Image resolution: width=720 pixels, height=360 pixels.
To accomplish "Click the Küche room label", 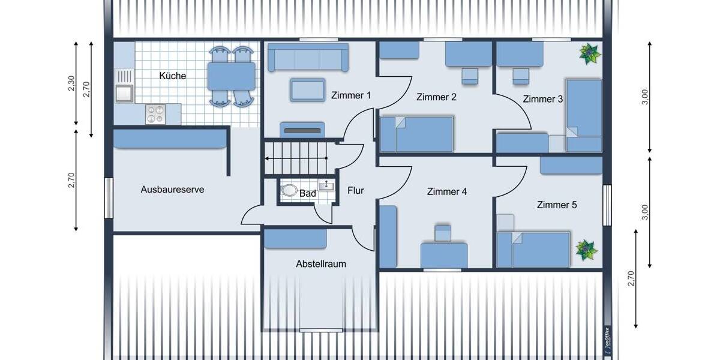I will (x=173, y=76).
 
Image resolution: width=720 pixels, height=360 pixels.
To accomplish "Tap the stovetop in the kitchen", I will (x=155, y=113).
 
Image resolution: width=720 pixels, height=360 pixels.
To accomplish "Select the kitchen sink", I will (x=124, y=93).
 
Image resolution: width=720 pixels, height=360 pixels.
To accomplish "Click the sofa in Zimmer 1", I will (x=308, y=58).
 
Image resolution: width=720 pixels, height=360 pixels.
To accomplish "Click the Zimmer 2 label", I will (x=437, y=97).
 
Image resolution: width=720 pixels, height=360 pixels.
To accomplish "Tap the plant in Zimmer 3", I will (x=589, y=54).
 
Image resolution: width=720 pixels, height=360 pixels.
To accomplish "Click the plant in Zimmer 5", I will (x=586, y=250).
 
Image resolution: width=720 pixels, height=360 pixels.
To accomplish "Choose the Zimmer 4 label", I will (x=447, y=192).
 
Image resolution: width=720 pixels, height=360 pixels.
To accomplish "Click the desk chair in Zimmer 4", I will (x=443, y=233).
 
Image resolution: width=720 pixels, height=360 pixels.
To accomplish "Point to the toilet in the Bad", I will (x=290, y=191).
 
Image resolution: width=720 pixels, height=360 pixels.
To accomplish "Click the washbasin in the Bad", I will (x=326, y=185).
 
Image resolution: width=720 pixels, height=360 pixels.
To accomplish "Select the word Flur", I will (x=356, y=191).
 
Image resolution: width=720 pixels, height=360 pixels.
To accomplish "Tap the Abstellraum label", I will (x=320, y=264).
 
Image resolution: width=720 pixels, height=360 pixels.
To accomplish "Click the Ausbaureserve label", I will (x=172, y=190).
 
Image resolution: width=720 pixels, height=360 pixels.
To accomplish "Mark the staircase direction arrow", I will (x=296, y=158).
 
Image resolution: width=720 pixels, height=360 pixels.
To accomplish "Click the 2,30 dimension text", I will (x=71, y=85).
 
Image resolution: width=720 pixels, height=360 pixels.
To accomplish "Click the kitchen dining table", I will (x=231, y=76).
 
